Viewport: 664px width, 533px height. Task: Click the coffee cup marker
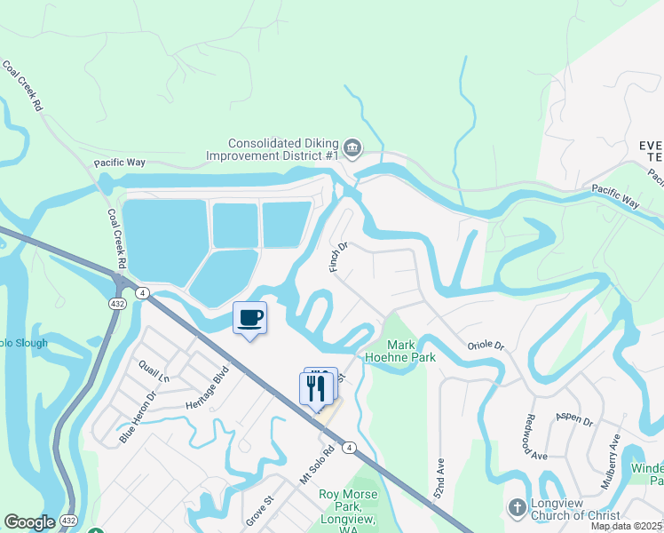pos(249,318)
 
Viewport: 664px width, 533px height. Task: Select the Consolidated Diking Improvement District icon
pos(352,147)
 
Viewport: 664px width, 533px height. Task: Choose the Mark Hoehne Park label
pos(411,350)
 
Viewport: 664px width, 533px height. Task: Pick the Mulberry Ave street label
pos(613,452)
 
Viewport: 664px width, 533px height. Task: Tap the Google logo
pos(29,522)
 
